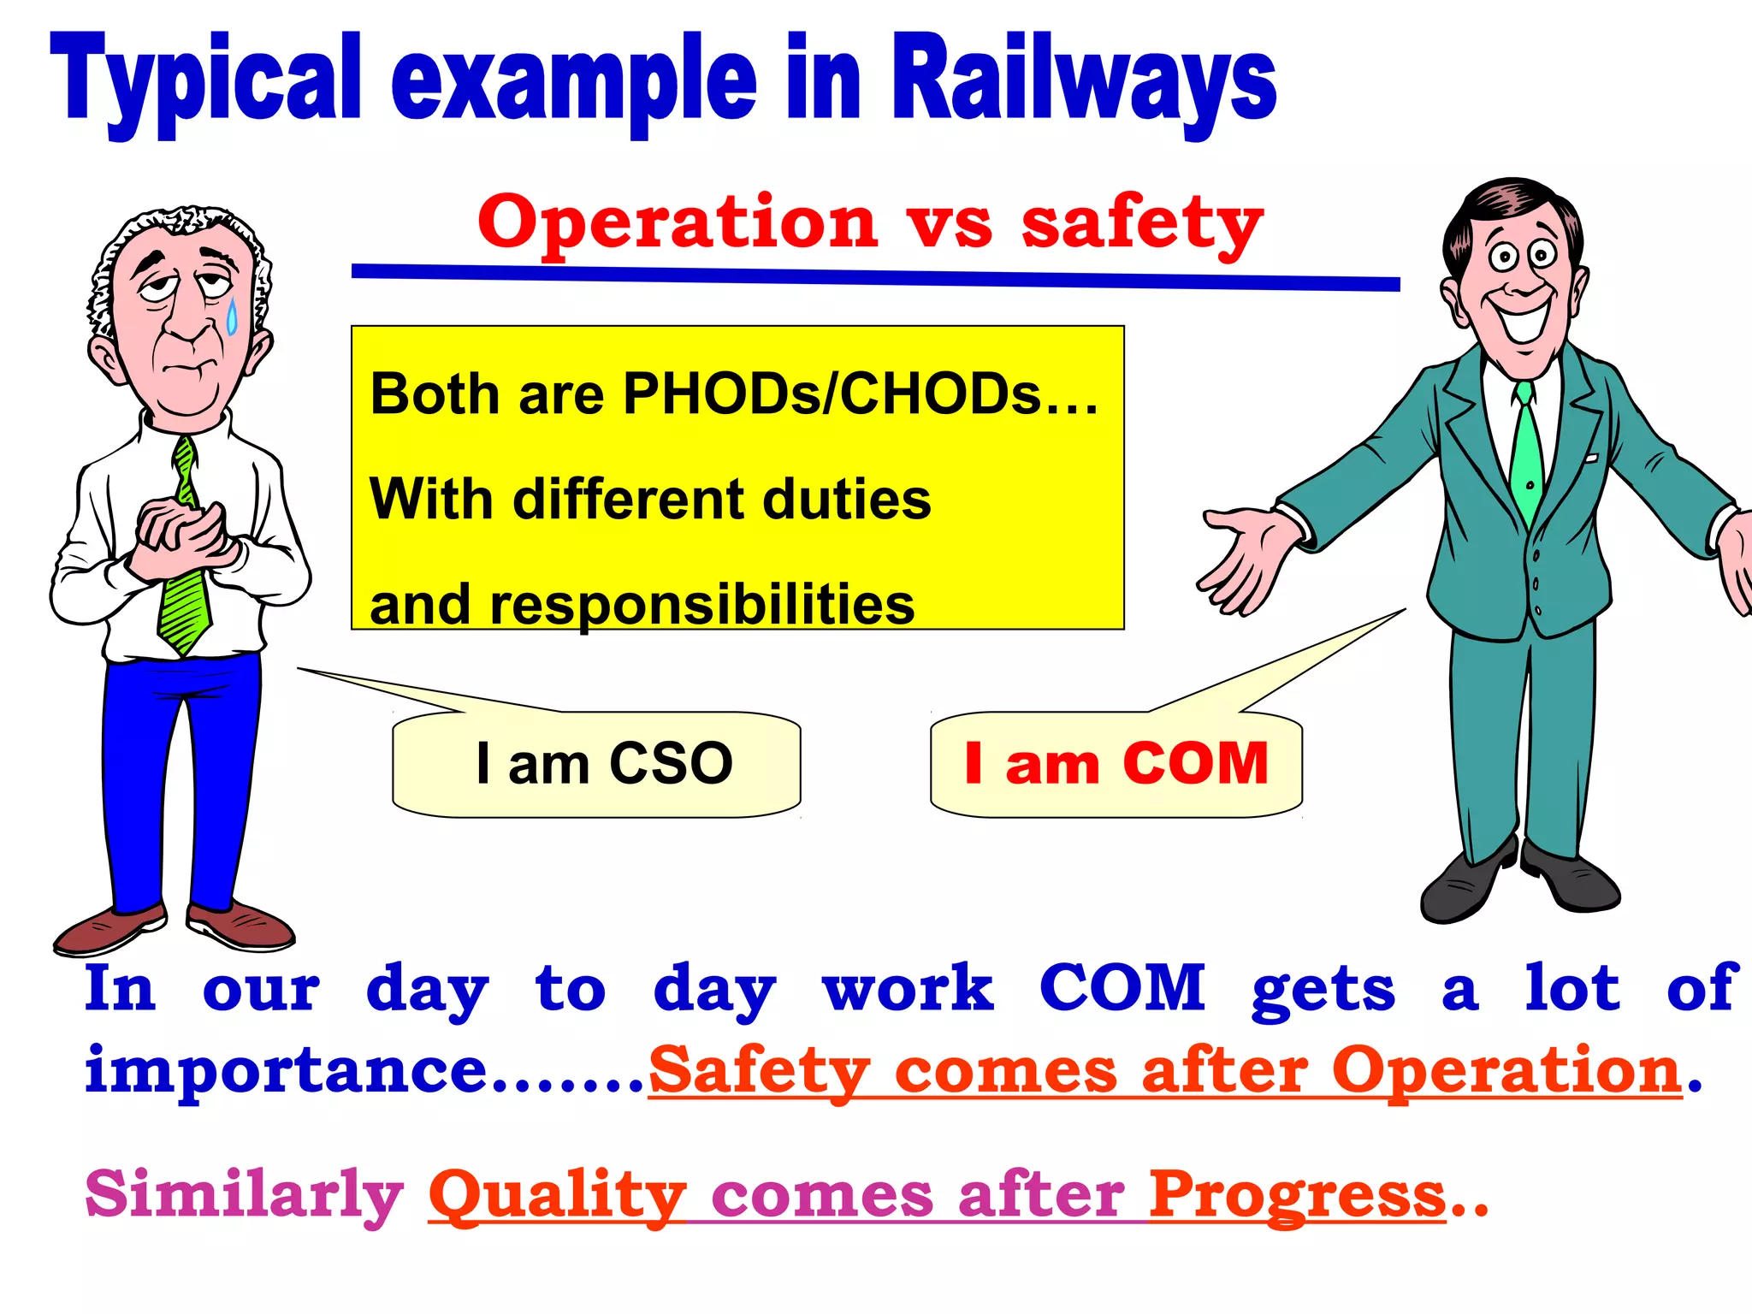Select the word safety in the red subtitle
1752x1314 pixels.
click(1142, 224)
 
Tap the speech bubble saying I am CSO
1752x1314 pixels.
click(596, 764)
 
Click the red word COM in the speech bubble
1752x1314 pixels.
click(1195, 763)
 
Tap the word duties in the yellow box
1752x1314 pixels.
click(846, 500)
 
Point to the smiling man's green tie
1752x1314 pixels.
click(1527, 462)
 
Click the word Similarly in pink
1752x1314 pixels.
click(244, 1195)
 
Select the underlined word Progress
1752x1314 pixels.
click(1296, 1195)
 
